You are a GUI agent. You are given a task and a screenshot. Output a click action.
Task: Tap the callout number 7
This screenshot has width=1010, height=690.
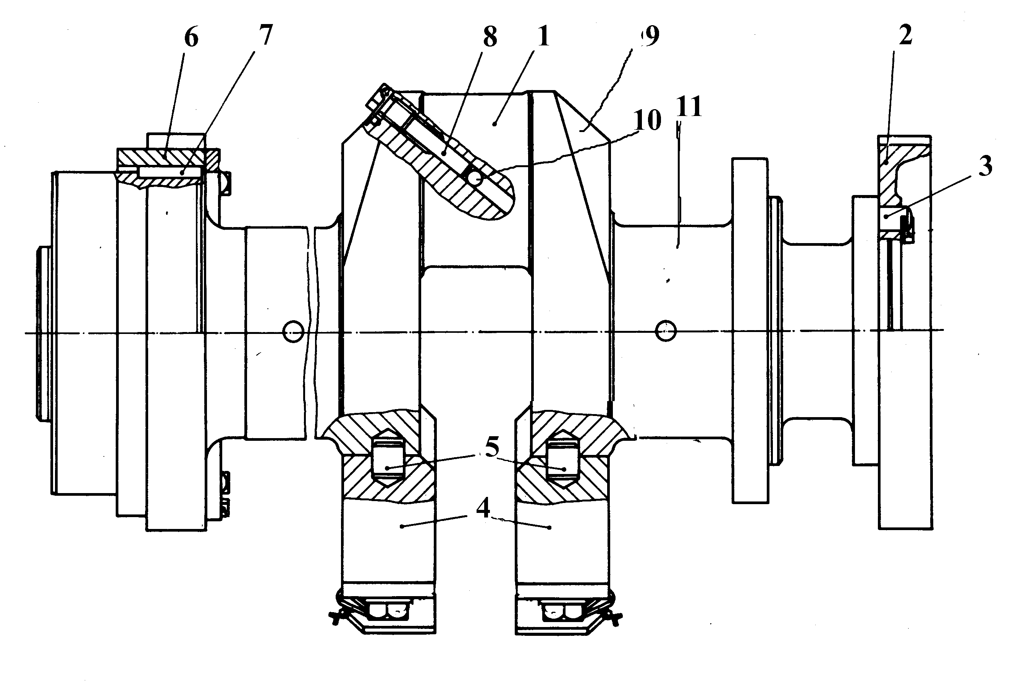click(265, 34)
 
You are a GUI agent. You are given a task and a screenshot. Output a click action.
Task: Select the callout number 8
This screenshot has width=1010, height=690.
click(490, 37)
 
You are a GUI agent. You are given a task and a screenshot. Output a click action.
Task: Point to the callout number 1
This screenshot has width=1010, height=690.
click(543, 35)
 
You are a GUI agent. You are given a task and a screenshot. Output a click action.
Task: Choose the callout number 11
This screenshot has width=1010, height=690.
click(689, 106)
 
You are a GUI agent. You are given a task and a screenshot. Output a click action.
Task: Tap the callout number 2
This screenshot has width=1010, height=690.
click(906, 35)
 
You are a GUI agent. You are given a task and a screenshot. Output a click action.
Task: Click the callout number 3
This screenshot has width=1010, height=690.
click(985, 166)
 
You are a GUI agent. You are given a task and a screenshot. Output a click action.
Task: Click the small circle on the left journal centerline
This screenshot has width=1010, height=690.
click(293, 332)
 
